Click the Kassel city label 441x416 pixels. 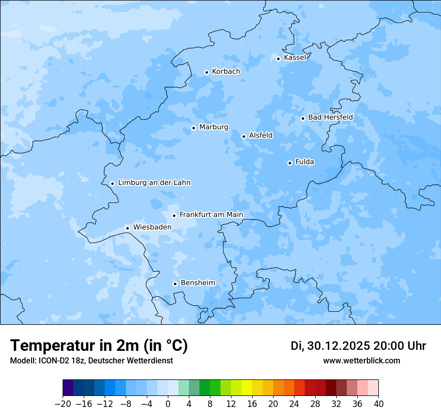[295, 58]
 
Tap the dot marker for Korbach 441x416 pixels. [206, 72]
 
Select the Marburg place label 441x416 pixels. [213, 127]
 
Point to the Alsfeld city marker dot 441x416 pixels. [244, 136]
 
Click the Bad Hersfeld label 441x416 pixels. [330, 117]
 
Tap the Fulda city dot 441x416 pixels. [290, 163]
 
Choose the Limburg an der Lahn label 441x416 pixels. [154, 183]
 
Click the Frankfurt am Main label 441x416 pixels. [211, 215]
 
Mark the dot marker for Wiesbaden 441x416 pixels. [127, 228]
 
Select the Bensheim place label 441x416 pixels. [197, 283]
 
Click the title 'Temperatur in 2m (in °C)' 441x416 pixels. [99, 345]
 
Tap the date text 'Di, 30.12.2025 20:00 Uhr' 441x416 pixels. [358, 346]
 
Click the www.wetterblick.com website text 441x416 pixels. [361, 360]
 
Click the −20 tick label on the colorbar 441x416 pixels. [63, 404]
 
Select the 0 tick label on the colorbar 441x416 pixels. [168, 404]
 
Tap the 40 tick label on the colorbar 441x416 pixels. [378, 404]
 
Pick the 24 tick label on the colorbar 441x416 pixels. [294, 404]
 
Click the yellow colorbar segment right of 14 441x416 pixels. [247, 388]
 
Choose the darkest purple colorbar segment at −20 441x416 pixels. [68, 388]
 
